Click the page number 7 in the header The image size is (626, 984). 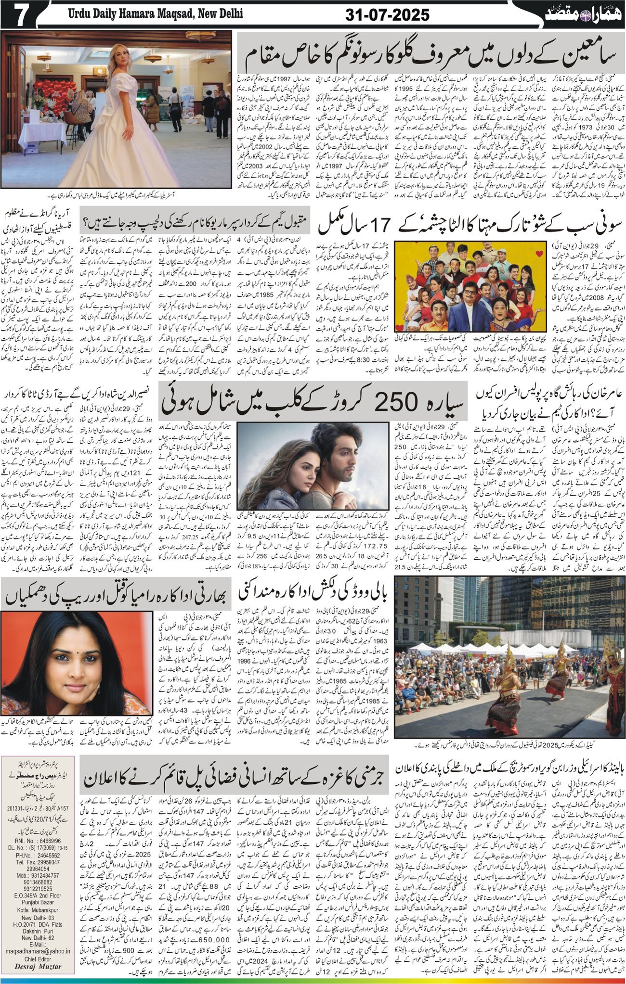[20, 16]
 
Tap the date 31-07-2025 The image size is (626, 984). [388, 15]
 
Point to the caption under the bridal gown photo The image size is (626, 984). [139, 196]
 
